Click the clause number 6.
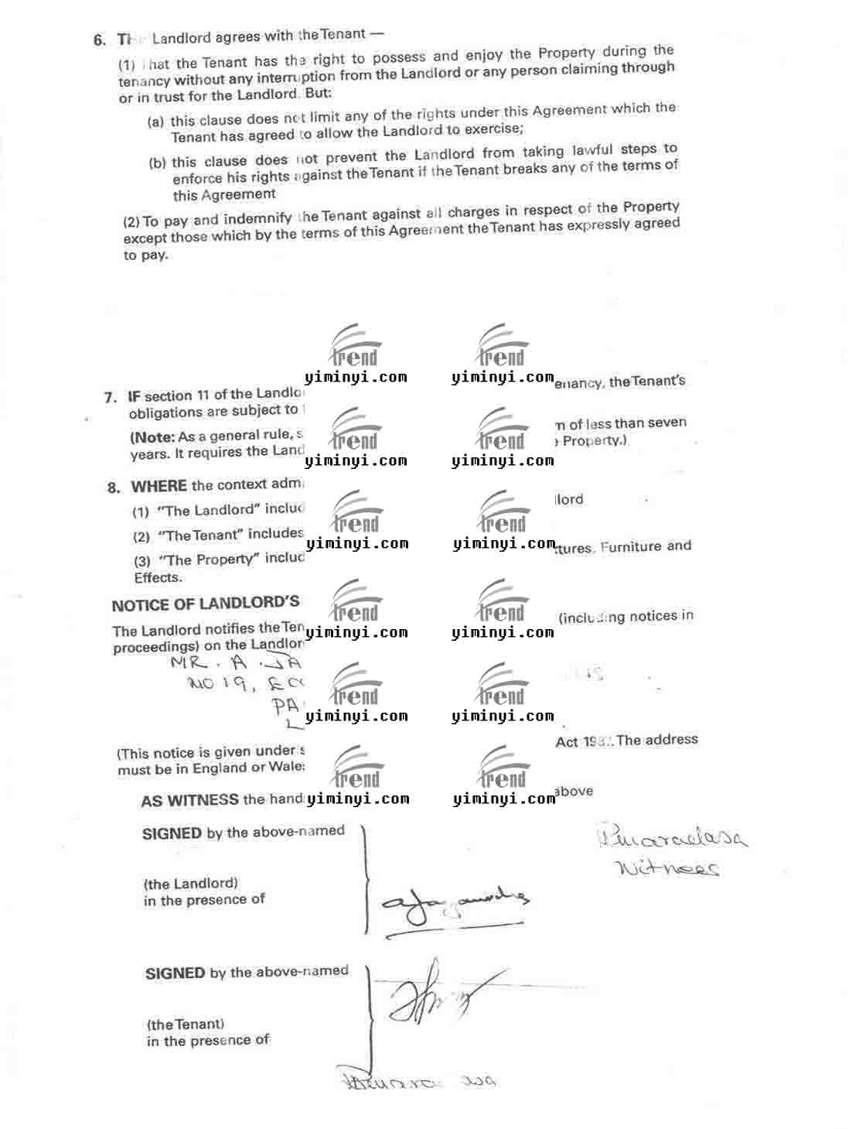point(100,40)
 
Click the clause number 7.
point(111,397)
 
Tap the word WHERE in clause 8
point(159,487)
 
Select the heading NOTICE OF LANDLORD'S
point(205,604)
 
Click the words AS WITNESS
point(189,801)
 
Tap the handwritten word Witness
point(668,868)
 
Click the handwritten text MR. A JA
point(237,663)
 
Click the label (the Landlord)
point(190,883)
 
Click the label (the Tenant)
point(186,1024)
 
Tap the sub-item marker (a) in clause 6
point(155,122)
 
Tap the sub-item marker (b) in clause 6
point(157,163)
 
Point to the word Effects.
point(158,577)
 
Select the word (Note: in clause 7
point(152,436)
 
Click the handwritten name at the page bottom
point(418,1081)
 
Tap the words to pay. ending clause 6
point(145,255)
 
